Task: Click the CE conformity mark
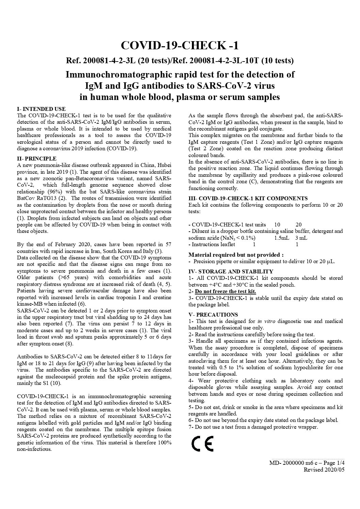(202, 443)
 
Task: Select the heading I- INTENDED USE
(41, 109)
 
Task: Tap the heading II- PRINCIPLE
(37, 158)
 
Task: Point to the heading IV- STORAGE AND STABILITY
(231, 271)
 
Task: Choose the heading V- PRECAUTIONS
(213, 315)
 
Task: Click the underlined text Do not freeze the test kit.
(225, 291)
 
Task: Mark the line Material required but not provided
(236, 255)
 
